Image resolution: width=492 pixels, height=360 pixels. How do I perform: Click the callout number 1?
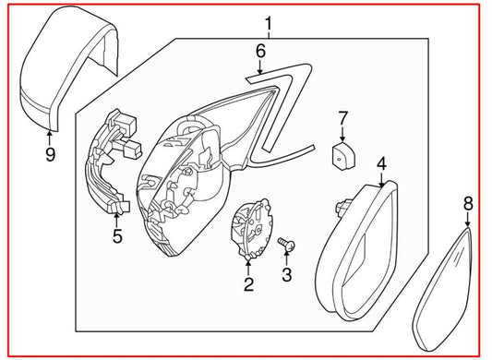point(269,22)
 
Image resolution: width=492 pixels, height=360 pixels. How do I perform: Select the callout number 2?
point(248,284)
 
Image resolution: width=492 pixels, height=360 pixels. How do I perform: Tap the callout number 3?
point(286,274)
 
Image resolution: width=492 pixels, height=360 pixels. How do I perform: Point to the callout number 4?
point(381,164)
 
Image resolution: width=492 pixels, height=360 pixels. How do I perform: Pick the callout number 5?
point(117,237)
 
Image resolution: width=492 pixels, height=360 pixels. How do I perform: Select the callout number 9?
point(51,153)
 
